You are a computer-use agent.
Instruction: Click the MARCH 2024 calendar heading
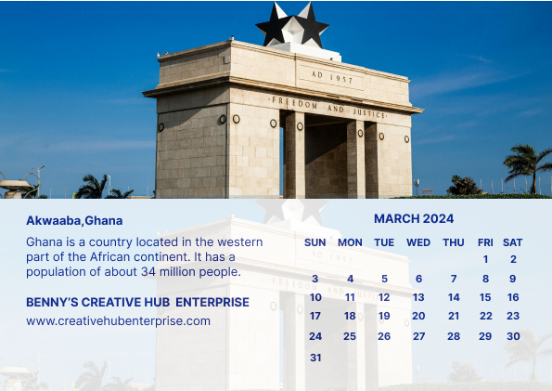(x=414, y=218)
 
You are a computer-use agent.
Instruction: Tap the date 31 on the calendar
(x=315, y=358)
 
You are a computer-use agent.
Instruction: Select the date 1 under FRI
(x=485, y=259)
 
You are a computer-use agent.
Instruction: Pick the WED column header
(x=418, y=242)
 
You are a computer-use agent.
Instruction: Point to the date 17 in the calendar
(x=315, y=316)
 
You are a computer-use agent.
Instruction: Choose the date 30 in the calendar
(x=513, y=336)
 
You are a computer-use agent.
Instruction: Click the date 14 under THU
(x=454, y=297)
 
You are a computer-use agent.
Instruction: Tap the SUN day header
(x=315, y=242)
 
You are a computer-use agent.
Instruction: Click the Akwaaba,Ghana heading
(x=74, y=221)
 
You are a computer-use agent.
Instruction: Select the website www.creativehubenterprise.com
(x=119, y=320)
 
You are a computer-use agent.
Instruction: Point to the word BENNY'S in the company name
(x=52, y=302)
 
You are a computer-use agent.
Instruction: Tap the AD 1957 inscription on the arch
(x=332, y=77)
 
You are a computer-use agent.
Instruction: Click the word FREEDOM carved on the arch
(x=295, y=103)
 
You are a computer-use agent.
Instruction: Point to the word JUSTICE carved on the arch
(x=369, y=113)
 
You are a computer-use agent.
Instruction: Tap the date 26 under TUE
(x=384, y=336)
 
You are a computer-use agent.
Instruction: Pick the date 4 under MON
(x=351, y=279)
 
